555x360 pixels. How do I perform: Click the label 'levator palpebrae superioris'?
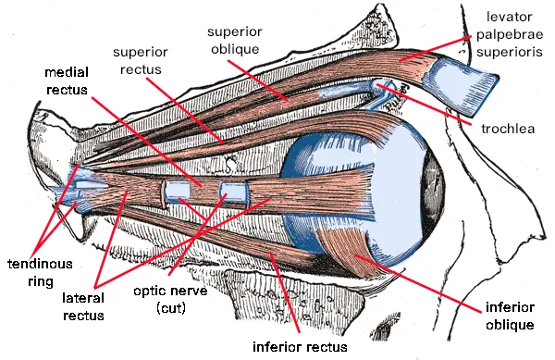510,34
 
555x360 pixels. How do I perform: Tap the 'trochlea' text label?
508,129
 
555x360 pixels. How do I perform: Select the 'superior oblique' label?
235,40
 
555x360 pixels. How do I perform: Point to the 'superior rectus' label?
141,60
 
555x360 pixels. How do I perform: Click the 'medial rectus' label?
67,81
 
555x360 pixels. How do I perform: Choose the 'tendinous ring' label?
40,273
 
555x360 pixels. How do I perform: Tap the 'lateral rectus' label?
83,306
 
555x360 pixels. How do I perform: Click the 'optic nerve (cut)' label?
170,300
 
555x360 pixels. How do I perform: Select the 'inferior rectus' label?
300,347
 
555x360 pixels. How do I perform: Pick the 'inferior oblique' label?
510,316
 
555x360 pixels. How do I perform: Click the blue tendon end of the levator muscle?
460,86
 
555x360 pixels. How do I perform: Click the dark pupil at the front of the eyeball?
435,190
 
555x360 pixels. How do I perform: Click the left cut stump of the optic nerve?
178,191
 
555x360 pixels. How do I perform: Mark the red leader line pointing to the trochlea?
424,105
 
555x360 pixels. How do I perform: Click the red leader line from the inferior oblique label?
418,283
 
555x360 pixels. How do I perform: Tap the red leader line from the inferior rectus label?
285,292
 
